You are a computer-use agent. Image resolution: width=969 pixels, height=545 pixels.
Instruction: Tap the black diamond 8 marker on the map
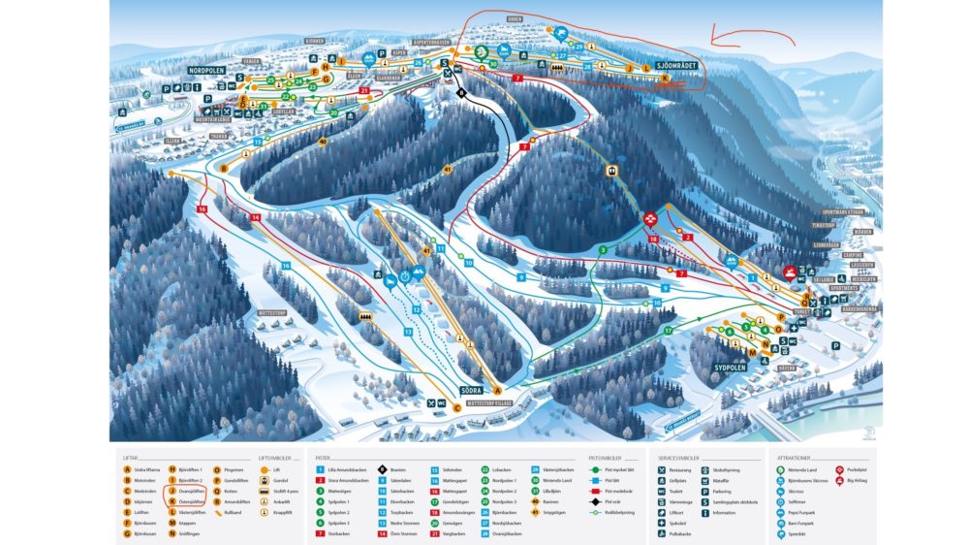[x=462, y=93]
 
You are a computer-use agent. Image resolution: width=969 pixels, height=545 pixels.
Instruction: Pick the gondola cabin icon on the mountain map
[x=611, y=171]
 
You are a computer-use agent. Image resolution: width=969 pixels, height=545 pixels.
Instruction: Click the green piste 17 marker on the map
[x=668, y=332]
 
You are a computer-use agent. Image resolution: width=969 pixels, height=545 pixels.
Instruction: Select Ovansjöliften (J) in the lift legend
[x=189, y=490]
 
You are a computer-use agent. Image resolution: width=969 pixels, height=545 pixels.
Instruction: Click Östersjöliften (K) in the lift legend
[x=189, y=500]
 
